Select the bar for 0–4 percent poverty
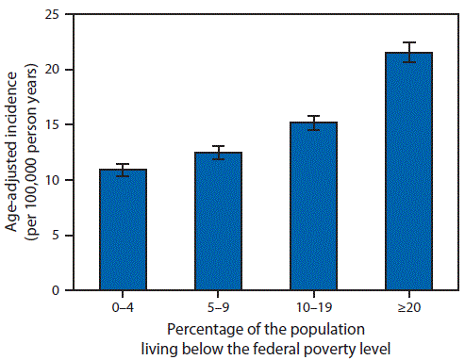click(123, 230)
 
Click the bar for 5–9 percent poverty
click(218, 221)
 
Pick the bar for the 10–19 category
click(313, 206)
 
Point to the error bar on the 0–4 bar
click(123, 170)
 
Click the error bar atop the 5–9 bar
click(218, 153)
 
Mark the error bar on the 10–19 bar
click(313, 123)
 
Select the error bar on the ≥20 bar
click(408, 53)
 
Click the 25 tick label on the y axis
click(58, 15)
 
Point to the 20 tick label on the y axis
click(58, 70)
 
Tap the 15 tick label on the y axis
click(58, 125)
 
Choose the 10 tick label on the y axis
click(58, 180)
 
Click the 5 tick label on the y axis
click(61, 236)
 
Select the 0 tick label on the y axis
click(61, 290)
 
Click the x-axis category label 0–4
click(123, 307)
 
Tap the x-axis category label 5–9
click(218, 307)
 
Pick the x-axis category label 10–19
click(313, 307)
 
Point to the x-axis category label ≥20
click(408, 307)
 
